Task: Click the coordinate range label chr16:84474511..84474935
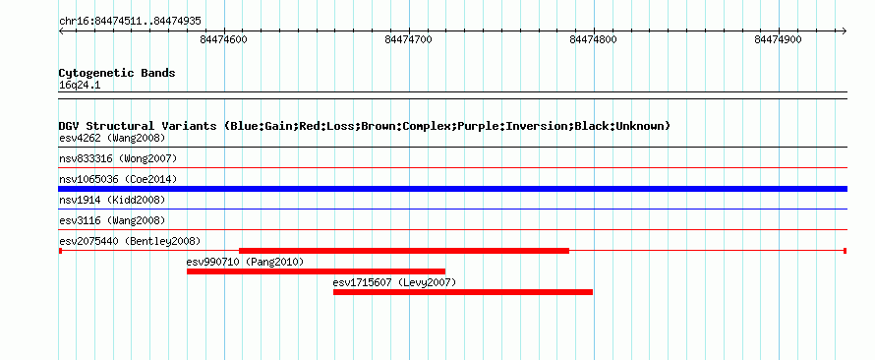[x=130, y=22]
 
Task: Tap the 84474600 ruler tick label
[x=223, y=39]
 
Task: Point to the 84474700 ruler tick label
[x=408, y=39]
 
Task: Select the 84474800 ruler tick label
[x=593, y=39]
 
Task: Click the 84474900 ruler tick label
[x=778, y=39]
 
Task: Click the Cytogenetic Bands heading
[x=117, y=73]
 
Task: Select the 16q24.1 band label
[x=80, y=86]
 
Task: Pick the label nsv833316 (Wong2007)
[x=118, y=158]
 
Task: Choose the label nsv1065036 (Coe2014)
[x=118, y=179]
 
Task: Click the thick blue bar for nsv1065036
[x=452, y=189]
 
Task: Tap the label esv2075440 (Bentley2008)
[x=130, y=241]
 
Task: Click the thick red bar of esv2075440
[x=404, y=251]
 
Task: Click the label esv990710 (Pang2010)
[x=245, y=262]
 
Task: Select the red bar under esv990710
[x=316, y=271]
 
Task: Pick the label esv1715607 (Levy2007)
[x=394, y=282]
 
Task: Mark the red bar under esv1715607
[x=463, y=292]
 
